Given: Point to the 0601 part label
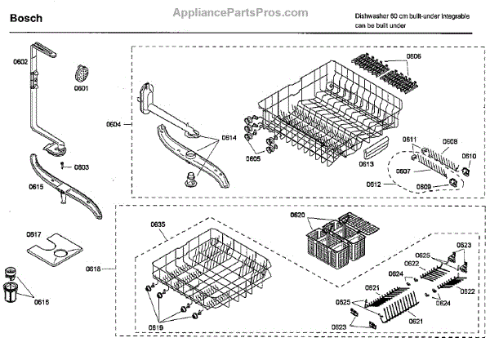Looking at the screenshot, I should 80,86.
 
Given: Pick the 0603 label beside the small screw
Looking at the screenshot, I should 81,167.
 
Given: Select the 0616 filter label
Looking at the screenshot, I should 41,302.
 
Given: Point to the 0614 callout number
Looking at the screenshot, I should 229,138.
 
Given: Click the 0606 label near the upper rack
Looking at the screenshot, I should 413,56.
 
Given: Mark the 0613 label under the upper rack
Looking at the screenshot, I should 366,163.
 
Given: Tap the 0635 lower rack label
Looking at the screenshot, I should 158,224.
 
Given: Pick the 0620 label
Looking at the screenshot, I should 297,214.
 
